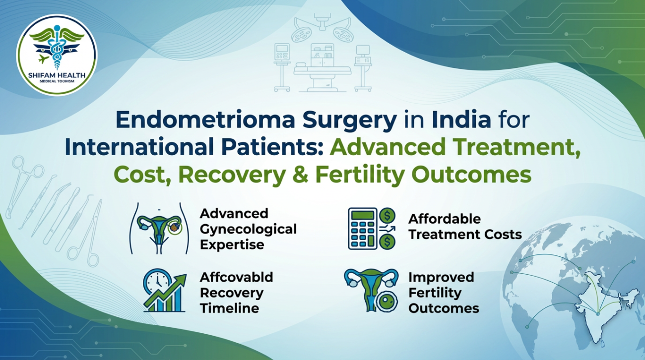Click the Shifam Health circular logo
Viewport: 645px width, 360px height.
click(57, 55)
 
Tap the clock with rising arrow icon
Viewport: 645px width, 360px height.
click(164, 291)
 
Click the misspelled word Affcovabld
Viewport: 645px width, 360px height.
click(236, 277)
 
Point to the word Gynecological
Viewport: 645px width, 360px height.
click(248, 229)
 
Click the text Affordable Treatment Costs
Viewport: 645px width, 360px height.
click(465, 227)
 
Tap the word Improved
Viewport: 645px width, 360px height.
click(441, 277)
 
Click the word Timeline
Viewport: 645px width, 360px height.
click(229, 308)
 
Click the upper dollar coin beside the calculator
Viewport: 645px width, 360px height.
click(387, 216)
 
